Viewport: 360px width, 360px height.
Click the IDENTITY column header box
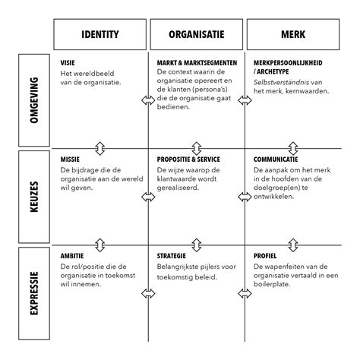(x=99, y=35)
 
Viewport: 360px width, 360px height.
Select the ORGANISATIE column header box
(x=196, y=35)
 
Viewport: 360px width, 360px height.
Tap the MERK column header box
(x=293, y=35)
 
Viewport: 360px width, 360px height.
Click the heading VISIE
(x=68, y=62)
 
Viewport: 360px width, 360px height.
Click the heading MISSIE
(x=70, y=159)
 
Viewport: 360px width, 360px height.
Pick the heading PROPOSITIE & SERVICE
(x=188, y=159)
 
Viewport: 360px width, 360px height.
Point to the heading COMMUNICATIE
(x=276, y=159)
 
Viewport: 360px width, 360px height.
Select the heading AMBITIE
(x=72, y=256)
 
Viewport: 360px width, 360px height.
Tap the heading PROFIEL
(x=267, y=256)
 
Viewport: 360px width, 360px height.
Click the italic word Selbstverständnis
(x=283, y=81)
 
